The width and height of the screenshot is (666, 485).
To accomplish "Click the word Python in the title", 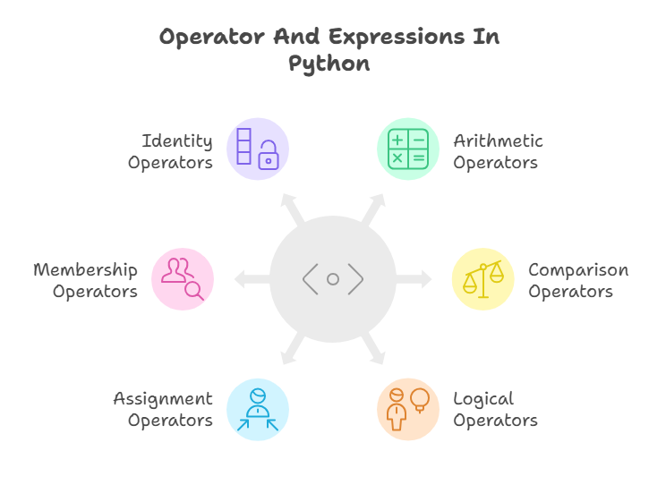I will pyautogui.click(x=329, y=64).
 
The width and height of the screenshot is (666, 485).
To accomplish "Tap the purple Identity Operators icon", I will pyautogui.click(x=258, y=149).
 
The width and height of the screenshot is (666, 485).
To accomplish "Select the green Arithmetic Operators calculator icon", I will pyautogui.click(x=408, y=149).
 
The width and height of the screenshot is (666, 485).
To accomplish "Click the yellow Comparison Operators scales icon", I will pyautogui.click(x=482, y=279).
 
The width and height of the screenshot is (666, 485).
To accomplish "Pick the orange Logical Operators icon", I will pyautogui.click(x=408, y=409).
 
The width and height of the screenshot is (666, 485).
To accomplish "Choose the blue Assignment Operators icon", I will pyautogui.click(x=258, y=409).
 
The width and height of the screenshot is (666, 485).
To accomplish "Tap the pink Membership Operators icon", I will pyautogui.click(x=183, y=279).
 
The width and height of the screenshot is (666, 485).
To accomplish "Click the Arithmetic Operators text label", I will pyautogui.click(x=498, y=152).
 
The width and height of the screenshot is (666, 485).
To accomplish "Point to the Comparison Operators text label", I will pyautogui.click(x=577, y=281).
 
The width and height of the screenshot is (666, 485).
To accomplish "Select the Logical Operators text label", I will pyautogui.click(x=495, y=410).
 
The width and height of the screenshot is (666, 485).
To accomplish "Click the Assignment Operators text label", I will pyautogui.click(x=163, y=410).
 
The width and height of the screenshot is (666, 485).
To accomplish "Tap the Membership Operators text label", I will pyautogui.click(x=86, y=281).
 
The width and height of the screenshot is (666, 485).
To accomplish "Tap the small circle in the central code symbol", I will pyautogui.click(x=333, y=279).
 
